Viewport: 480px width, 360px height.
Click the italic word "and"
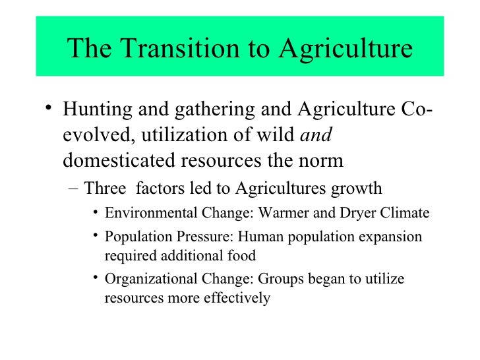click(x=316, y=136)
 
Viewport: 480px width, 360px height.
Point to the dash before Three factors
click(x=73, y=189)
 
